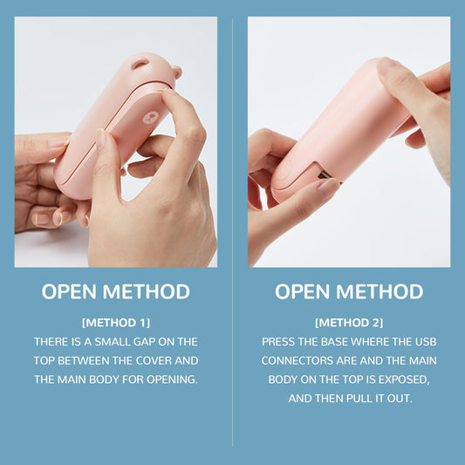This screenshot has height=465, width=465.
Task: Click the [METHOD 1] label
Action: click(116, 323)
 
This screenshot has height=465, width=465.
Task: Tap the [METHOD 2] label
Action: click(349, 323)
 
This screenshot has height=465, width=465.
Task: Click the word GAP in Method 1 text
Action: click(144, 342)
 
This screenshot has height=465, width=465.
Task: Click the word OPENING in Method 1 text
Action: click(172, 380)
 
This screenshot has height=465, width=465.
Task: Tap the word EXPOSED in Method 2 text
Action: click(404, 380)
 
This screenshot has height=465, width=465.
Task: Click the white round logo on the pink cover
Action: click(150, 118)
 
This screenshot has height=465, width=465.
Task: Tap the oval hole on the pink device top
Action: click(140, 64)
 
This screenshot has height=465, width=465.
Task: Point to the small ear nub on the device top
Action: click(176, 72)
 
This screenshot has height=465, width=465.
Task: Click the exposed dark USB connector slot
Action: click(325, 176)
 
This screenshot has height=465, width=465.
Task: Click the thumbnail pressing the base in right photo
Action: click(328, 188)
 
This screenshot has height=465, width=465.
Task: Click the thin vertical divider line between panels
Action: click(232, 231)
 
